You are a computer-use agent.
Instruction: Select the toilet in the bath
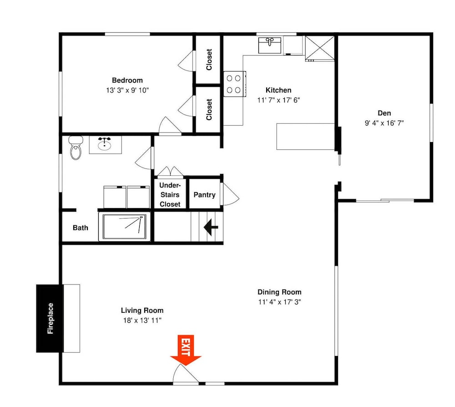pos(76,148)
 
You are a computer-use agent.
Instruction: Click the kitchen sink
pos(270,45)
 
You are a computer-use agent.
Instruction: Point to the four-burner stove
pos(234,84)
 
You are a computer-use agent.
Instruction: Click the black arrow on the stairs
pos(211,227)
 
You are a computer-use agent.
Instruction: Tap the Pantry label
pos(205,195)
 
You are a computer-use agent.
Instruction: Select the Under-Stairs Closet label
pos(170,194)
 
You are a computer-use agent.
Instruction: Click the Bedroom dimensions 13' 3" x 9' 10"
pos(127,90)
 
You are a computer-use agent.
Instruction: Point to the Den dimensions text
pos(384,123)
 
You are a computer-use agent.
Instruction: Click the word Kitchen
pos(278,90)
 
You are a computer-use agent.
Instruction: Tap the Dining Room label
pos(279,292)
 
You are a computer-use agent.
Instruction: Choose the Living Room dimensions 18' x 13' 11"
pos(142,321)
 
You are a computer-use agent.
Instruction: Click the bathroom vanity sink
pos(105,144)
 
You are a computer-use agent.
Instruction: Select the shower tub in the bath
pos(125,227)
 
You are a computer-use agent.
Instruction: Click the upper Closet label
pos(209,60)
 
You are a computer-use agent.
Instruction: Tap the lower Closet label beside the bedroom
pos(209,109)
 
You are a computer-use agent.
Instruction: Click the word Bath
pos(81,228)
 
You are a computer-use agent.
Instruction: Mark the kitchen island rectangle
pos(306,137)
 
